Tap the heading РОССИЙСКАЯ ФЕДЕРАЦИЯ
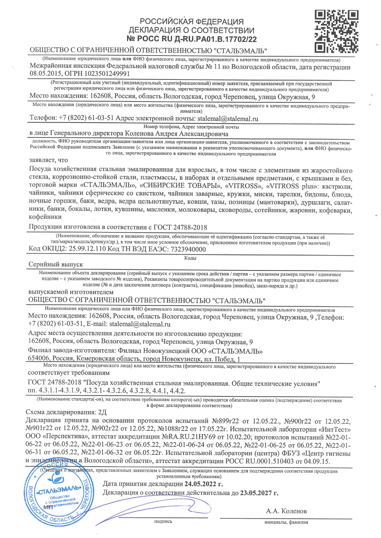pyautogui.click(x=192, y=21)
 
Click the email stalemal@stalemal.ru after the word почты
pyautogui.click(x=228, y=119)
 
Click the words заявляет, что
pyautogui.click(x=48, y=160)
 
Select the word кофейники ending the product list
pyautogui.click(x=45, y=217)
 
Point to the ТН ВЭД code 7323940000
pyautogui.click(x=188, y=249)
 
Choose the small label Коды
pyautogui.click(x=190, y=258)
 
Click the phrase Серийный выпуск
pyautogui.click(x=56, y=264)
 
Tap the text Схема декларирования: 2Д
pyautogui.click(x=66, y=412)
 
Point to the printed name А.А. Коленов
pyautogui.click(x=286, y=511)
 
